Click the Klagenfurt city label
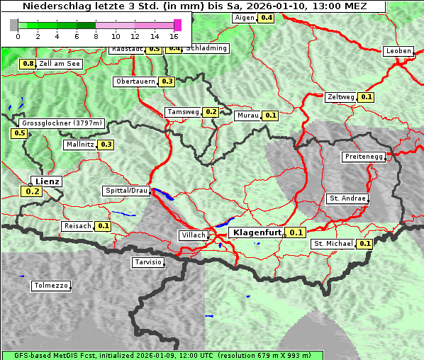click(257, 232)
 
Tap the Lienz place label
click(48, 181)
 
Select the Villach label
click(193, 235)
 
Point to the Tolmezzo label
click(51, 286)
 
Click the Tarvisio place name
click(148, 262)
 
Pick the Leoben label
click(398, 51)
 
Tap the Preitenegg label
click(364, 157)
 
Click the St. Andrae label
click(347, 198)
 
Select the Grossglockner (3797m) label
click(62, 123)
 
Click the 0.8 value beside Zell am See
click(28, 64)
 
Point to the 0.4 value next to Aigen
click(266, 17)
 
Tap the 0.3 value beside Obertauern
click(167, 81)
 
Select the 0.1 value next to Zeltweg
click(366, 97)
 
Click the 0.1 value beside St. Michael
click(364, 244)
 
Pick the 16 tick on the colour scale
click(174, 35)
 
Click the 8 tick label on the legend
click(96, 35)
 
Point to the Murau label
click(247, 115)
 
